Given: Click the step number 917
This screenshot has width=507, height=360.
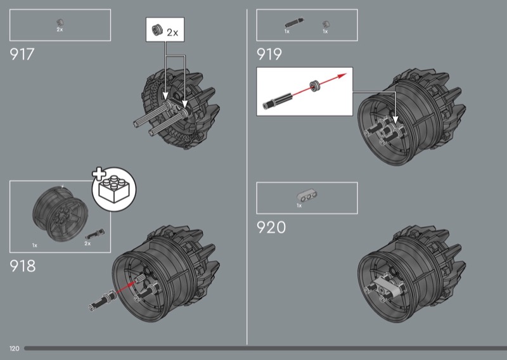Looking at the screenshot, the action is click(x=22, y=55).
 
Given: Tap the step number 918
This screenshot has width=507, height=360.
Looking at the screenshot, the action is click(x=23, y=266).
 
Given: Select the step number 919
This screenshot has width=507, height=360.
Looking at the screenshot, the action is click(x=269, y=55).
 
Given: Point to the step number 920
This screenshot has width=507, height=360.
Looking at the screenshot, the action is click(x=271, y=228).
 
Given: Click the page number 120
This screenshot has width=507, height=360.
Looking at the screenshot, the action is click(x=14, y=349).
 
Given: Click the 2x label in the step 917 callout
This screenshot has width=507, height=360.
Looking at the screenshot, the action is click(x=172, y=33).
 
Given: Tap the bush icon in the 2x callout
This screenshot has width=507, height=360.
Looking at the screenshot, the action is click(x=157, y=30).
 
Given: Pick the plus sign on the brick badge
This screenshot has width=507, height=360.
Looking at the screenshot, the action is click(x=99, y=174).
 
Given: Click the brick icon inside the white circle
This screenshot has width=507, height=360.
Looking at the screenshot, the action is click(x=114, y=190).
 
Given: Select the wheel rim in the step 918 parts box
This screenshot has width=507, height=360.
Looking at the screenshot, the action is click(x=60, y=214).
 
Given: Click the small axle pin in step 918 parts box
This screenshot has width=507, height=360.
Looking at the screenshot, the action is click(x=94, y=233).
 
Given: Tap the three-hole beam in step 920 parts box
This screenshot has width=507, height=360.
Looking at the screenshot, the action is click(x=307, y=196).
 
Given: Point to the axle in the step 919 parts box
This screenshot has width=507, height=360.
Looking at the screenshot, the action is click(x=294, y=23).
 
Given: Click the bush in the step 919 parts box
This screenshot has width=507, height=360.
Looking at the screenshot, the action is click(x=326, y=25).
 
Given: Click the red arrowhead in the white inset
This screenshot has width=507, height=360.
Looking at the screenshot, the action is click(x=342, y=76).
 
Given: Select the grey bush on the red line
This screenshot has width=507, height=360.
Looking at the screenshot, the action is click(x=314, y=86).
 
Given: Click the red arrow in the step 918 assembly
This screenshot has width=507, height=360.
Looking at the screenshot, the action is click(x=125, y=287).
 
